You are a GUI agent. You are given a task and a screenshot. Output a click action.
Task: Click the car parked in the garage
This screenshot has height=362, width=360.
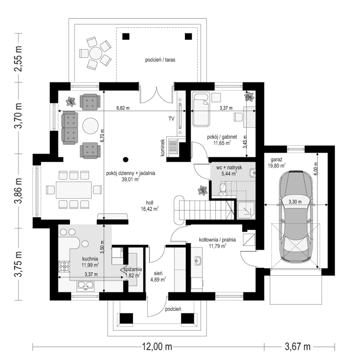(296, 217)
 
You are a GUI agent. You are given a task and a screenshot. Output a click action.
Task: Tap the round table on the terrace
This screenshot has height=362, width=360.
(96, 53)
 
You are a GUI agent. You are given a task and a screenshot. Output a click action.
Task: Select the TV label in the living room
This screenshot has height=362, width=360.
(171, 119)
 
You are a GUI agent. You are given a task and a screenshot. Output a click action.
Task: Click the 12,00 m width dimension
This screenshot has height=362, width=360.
(157, 347)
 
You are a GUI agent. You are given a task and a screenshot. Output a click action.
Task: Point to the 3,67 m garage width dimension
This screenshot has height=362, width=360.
(298, 347)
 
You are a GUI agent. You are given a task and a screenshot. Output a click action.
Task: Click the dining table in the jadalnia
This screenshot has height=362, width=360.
(74, 190)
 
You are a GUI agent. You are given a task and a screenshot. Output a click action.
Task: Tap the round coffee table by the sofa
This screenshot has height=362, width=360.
(90, 126)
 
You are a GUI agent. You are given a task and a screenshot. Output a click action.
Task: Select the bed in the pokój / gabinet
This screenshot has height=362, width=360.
(201, 109)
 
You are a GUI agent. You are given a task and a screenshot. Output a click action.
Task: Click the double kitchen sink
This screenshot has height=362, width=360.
(85, 285)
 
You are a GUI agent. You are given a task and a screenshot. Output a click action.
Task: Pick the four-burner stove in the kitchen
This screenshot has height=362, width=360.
(64, 266)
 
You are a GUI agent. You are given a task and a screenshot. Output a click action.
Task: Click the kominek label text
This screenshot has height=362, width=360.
(163, 148)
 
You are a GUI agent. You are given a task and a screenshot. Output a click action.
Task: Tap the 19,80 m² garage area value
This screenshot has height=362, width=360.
(277, 166)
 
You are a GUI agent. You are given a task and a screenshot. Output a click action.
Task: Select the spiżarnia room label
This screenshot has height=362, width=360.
(132, 269)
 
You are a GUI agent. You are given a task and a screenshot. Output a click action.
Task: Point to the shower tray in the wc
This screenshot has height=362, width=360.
(246, 210)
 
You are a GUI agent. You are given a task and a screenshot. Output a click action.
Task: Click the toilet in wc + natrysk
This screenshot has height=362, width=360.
(222, 188)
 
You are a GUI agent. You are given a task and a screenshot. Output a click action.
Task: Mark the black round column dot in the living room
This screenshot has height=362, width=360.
(126, 159)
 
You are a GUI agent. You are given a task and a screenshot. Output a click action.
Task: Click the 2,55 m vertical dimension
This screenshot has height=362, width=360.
(19, 59)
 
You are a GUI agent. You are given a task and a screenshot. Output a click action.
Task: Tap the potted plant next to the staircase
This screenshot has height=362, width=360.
(203, 190)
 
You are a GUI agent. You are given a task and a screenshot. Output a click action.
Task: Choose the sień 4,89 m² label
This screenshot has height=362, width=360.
(158, 276)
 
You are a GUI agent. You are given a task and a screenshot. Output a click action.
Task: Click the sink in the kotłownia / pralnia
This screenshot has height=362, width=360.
(198, 261)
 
